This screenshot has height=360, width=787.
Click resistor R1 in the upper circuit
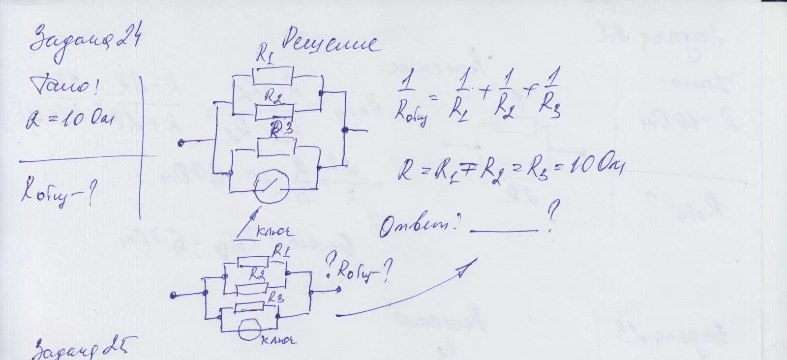click(273, 76)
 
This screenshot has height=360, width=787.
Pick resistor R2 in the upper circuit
click(274, 112)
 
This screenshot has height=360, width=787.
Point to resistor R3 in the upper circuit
click(276, 147)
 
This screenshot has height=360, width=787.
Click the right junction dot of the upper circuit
click(345, 130)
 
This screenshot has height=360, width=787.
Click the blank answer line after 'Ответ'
click(504, 230)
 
